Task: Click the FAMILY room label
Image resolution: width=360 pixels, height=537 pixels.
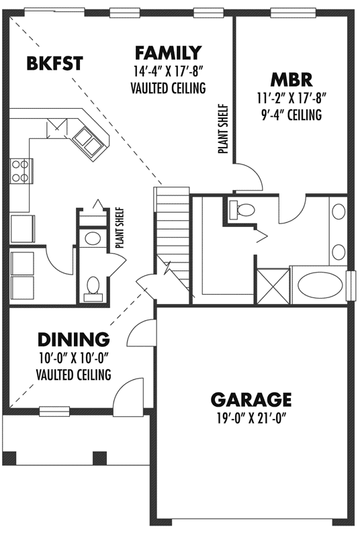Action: [168, 52]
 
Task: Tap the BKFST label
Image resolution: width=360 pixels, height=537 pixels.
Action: [54, 64]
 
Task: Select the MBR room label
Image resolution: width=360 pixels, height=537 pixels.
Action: [291, 79]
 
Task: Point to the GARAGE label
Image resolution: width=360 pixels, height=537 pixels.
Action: [251, 400]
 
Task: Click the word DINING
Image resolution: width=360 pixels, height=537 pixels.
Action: [73, 338]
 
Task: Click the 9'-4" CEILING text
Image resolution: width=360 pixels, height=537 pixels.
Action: [291, 115]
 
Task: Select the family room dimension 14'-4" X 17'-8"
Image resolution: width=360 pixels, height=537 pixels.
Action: [168, 70]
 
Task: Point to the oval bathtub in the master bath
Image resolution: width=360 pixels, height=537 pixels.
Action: [320, 283]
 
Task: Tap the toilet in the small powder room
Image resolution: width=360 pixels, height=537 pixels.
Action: [93, 285]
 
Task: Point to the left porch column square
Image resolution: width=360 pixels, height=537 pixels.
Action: [9, 458]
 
